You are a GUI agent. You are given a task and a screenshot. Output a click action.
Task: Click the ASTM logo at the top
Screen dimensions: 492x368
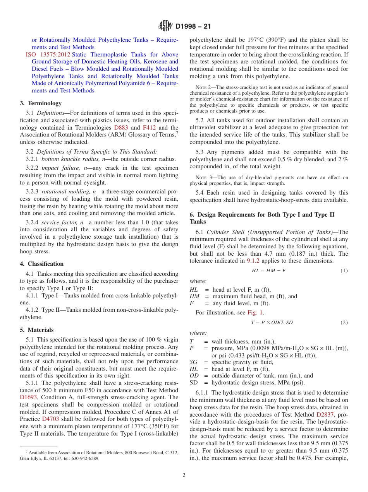click(x=165, y=26)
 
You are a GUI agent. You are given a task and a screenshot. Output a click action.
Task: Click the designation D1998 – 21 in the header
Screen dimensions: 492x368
click(x=193, y=27)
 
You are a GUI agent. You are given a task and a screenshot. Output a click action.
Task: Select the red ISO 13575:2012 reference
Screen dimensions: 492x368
click(x=48, y=55)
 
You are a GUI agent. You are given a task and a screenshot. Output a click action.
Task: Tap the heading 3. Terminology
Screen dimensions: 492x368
click(x=41, y=103)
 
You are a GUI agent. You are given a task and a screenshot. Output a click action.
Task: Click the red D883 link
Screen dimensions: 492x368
click(x=121, y=128)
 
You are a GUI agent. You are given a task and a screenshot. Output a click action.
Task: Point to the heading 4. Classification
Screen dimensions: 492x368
click(x=42, y=264)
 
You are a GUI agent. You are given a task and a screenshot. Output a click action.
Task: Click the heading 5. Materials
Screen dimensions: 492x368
click(x=37, y=330)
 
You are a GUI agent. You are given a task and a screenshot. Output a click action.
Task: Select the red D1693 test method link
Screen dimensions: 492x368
click(x=28, y=397)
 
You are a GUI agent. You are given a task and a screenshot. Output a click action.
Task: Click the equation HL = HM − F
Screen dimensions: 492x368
click(x=268, y=271)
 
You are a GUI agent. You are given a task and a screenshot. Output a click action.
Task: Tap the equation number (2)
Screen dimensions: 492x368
click(x=344, y=323)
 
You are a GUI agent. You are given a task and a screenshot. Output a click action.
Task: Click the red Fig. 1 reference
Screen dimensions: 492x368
click(x=255, y=313)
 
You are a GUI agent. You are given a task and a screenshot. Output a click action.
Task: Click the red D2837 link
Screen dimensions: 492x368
click(x=325, y=414)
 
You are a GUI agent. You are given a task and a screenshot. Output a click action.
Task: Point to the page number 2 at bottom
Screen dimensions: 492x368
click(x=184, y=475)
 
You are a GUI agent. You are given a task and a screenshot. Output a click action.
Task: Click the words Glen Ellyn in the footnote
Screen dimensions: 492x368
click(x=29, y=458)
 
